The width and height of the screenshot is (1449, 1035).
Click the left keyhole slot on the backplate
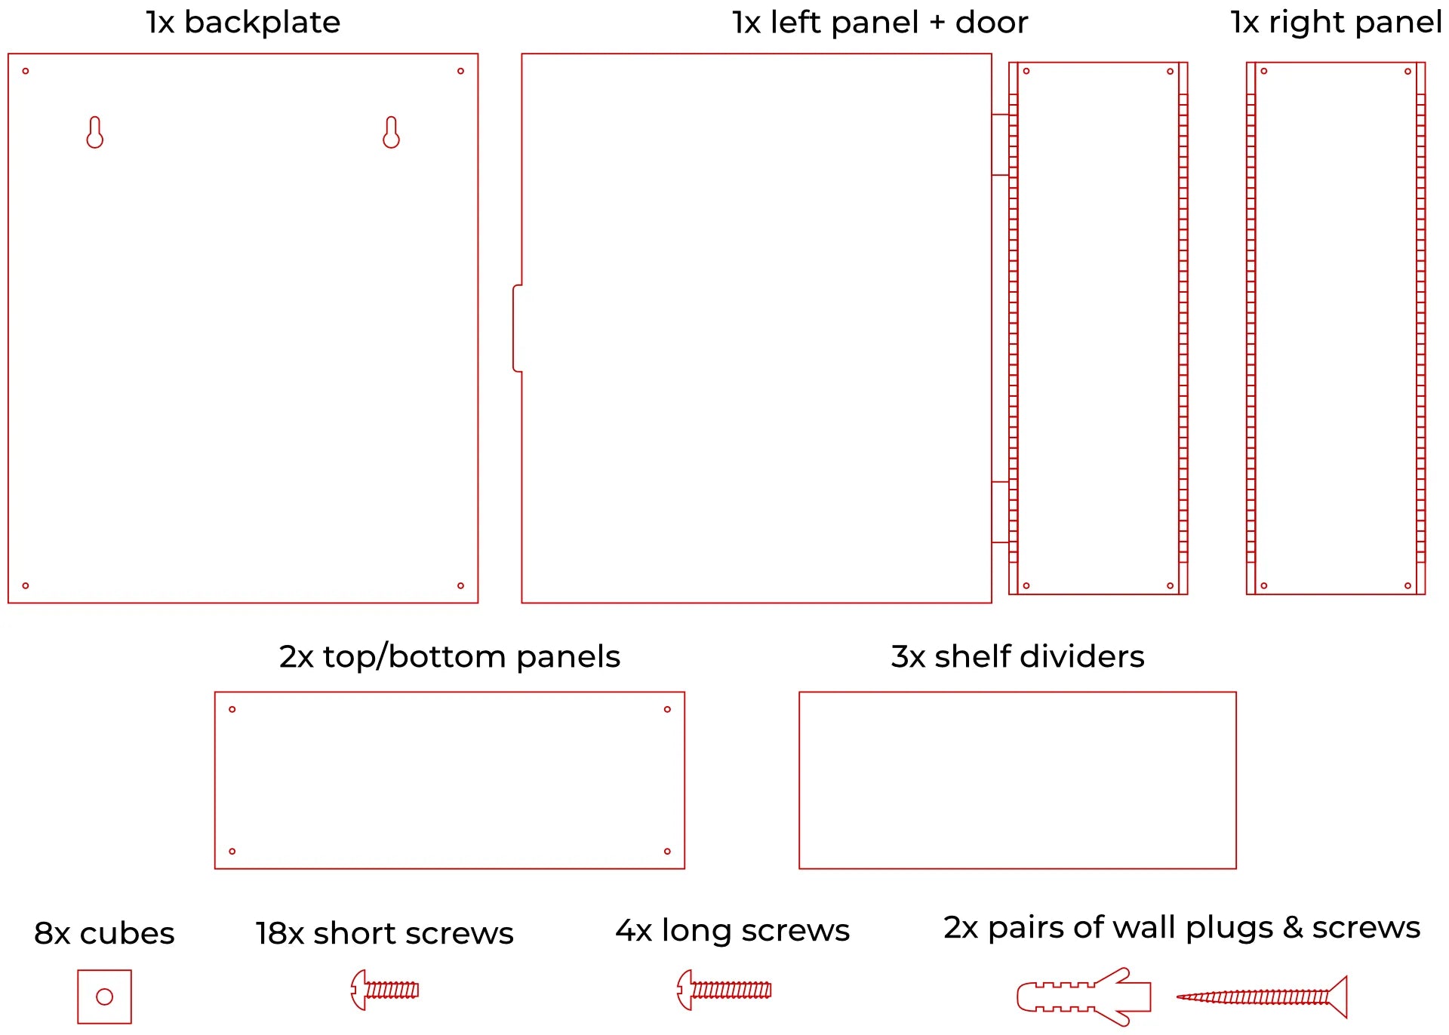coord(94,133)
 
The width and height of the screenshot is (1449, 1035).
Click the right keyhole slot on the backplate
coord(391,133)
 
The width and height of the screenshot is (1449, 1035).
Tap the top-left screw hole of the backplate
coord(26,71)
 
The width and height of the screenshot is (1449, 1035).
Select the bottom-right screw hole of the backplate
coord(460,585)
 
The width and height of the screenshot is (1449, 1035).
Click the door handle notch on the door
coord(518,328)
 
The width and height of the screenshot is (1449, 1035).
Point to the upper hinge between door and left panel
coord(1000,145)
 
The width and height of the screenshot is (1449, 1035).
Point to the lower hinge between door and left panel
coord(1000,512)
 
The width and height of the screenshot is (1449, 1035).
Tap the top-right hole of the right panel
coord(1407,72)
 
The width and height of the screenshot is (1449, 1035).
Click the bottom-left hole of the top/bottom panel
coord(232,851)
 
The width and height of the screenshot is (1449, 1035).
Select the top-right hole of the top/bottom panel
coord(667,709)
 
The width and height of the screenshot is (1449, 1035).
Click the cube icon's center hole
coord(105,997)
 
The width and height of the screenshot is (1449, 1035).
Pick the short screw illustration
coord(385,990)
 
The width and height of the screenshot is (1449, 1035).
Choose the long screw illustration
coord(724,990)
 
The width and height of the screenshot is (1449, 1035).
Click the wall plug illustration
coord(1084,997)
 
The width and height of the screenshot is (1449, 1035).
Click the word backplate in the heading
coord(262,23)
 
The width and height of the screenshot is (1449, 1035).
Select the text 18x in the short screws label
coord(279,934)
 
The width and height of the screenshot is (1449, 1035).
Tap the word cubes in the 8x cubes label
coord(127,934)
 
